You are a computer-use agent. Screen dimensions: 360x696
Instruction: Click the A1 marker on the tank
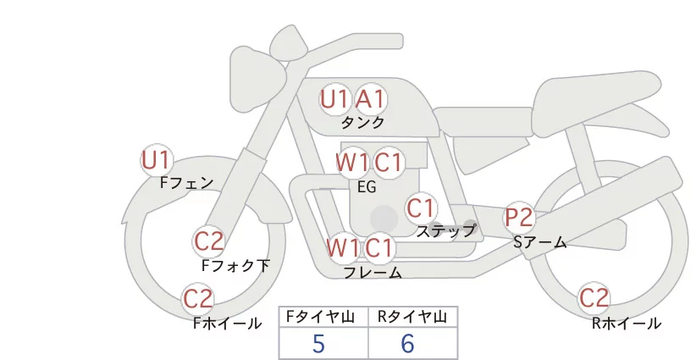click(370, 99)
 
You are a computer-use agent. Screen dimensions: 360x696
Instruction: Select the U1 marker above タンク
click(334, 99)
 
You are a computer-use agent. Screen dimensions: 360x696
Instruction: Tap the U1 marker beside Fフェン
click(157, 159)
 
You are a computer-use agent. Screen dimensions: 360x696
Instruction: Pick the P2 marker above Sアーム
click(519, 218)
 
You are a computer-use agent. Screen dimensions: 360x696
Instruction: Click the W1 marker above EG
click(351, 162)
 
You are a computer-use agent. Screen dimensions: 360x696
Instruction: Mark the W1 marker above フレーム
click(343, 249)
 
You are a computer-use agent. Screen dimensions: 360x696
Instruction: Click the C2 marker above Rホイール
click(594, 298)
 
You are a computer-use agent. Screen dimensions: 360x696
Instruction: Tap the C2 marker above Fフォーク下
click(208, 241)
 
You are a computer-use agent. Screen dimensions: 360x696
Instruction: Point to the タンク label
click(363, 123)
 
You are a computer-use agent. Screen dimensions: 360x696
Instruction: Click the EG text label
click(367, 187)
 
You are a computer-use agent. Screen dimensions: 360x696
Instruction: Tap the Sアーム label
click(539, 242)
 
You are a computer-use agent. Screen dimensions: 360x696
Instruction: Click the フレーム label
click(373, 273)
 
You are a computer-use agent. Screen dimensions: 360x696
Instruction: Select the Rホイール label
click(627, 323)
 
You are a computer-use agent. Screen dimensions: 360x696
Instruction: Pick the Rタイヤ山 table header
click(412, 317)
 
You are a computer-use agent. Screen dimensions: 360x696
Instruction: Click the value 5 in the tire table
click(318, 343)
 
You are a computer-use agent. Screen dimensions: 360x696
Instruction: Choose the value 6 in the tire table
click(407, 343)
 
